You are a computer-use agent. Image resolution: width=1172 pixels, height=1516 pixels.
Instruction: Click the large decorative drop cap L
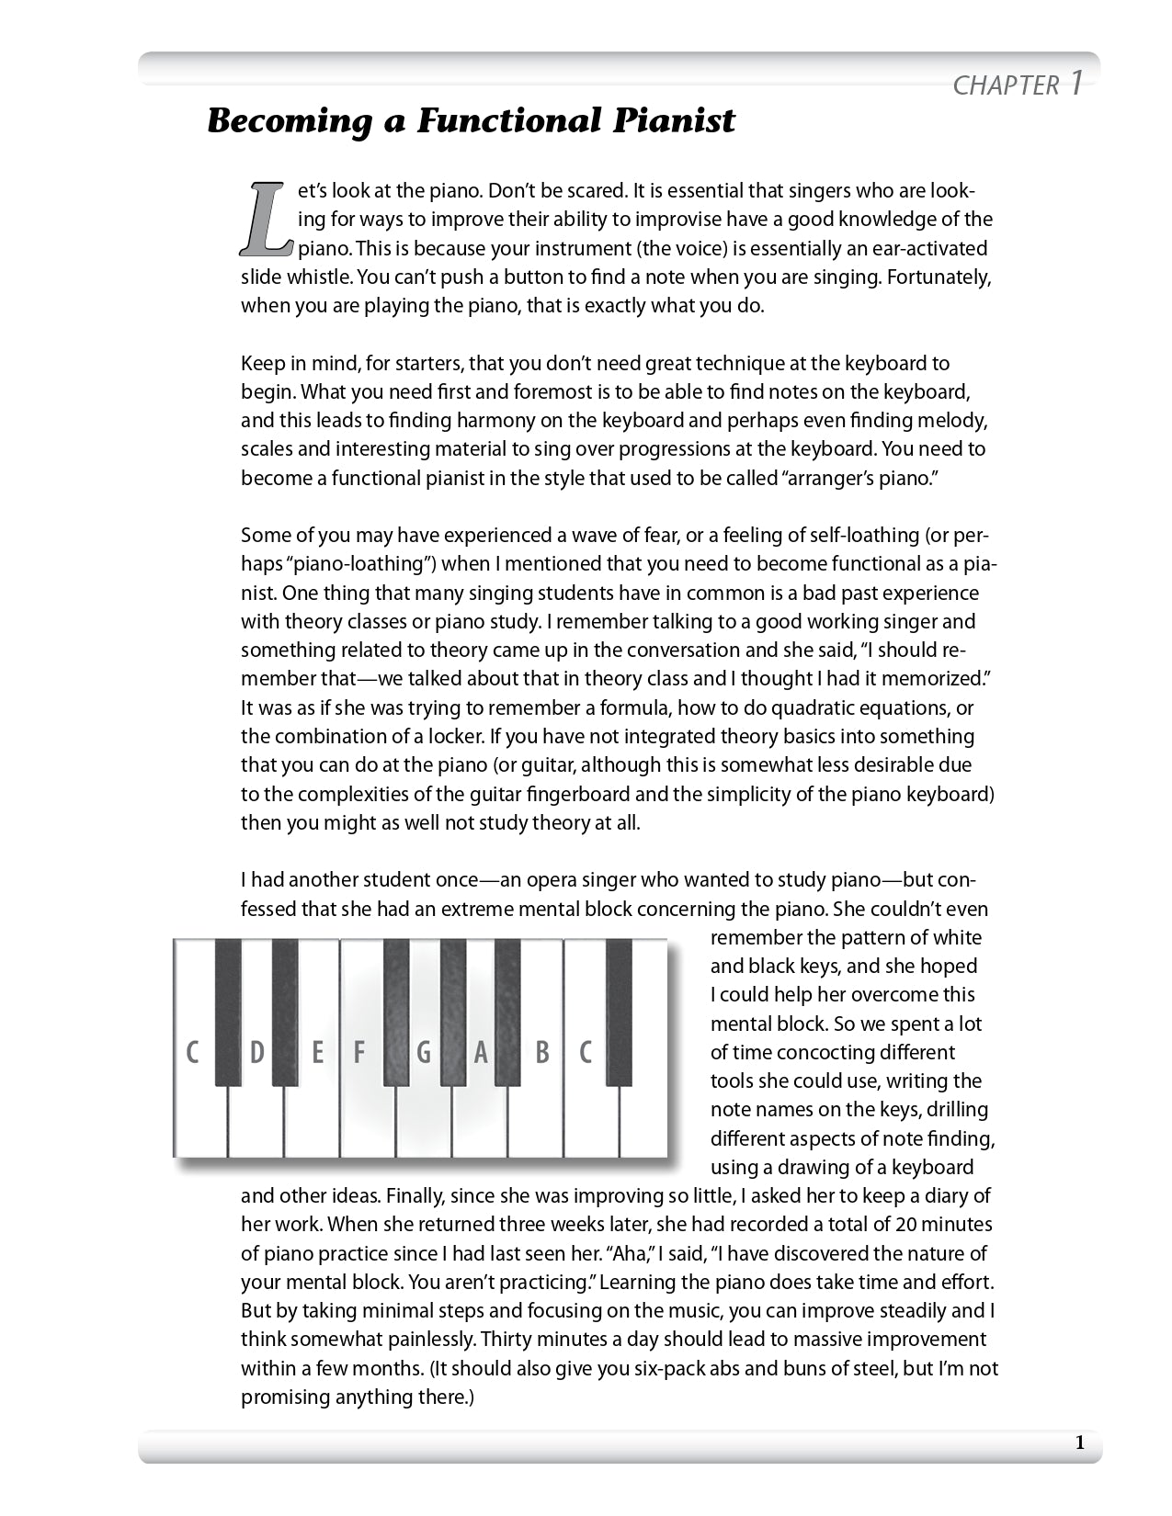pos(267,219)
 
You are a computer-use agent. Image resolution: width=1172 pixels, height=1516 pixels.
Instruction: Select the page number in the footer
pos(1079,1442)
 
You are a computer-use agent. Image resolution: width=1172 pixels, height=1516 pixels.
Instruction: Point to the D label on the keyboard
pos(257,1052)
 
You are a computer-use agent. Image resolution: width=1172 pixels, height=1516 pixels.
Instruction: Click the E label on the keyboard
pos(317,1052)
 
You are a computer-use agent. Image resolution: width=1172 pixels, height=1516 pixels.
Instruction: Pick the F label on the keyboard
pos(359,1052)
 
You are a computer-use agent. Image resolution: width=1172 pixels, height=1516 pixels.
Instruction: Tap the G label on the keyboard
pos(424,1052)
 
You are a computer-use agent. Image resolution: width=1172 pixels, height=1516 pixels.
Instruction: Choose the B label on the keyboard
pos(542,1052)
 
